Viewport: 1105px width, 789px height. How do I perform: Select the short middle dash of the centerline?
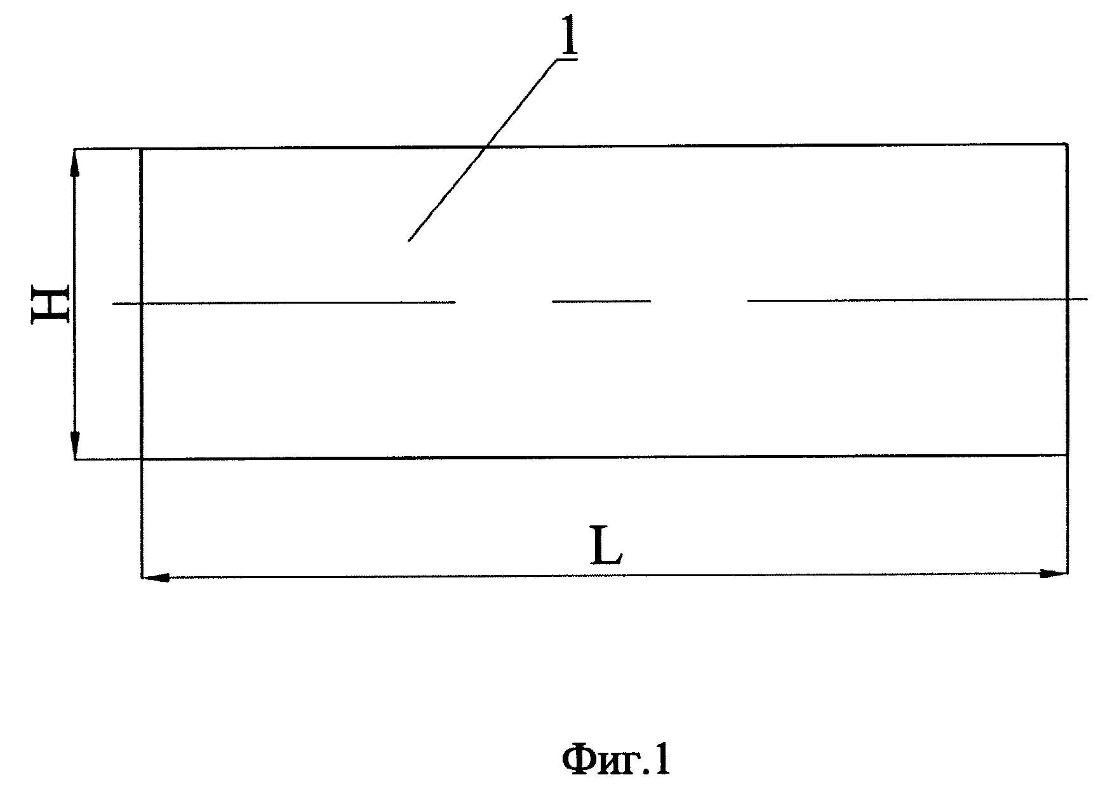pos(601,301)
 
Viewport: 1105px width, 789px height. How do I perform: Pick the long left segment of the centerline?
pos(285,303)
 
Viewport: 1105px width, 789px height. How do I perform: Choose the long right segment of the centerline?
pos(917,299)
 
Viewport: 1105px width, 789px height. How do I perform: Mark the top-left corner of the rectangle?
pos(141,150)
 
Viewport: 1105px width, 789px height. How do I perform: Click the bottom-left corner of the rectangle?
pos(141,459)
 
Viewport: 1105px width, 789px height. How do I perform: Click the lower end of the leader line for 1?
pos(408,241)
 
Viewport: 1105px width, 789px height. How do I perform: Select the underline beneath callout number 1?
pos(566,60)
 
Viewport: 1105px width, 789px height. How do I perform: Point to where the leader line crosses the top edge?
pos(486,148)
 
